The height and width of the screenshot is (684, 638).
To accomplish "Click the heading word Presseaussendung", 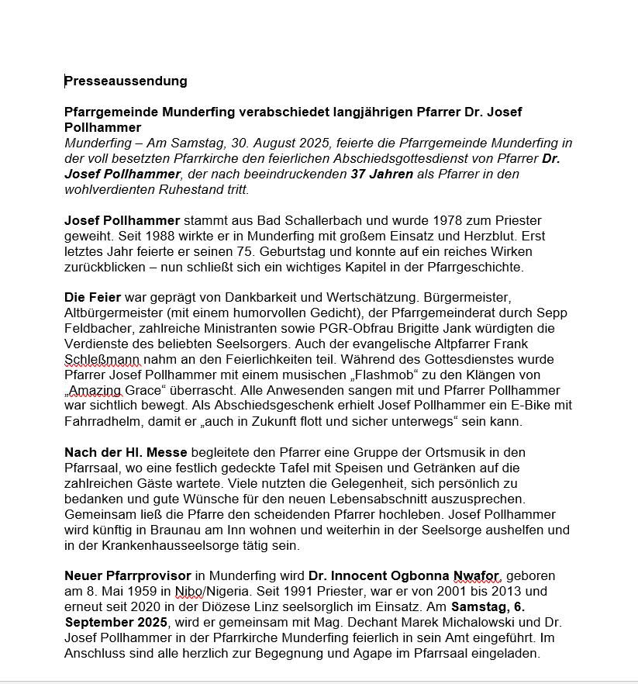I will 126,81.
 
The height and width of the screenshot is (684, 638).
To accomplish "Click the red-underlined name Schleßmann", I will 101,360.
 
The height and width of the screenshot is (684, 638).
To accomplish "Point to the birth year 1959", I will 144,592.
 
